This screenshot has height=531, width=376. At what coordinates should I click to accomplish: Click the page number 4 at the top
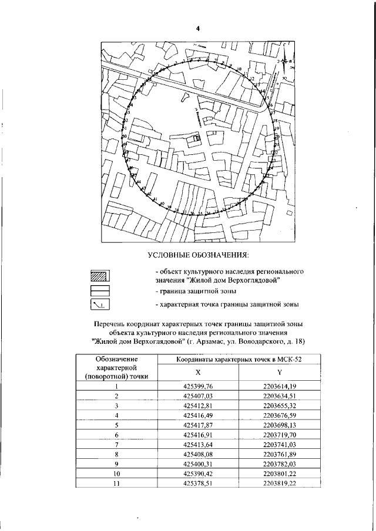pos(198,29)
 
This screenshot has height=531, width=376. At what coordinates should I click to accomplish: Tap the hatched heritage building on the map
pos(197,138)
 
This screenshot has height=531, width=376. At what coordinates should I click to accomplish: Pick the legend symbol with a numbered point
pos(101,305)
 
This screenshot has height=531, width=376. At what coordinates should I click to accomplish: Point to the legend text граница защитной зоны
pos(196,291)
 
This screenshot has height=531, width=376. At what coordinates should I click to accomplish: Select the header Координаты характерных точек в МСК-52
pos(239,359)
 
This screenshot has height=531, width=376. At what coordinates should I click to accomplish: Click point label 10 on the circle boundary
pos(239,70)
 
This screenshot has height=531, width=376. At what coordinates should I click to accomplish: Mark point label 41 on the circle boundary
pos(155,200)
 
